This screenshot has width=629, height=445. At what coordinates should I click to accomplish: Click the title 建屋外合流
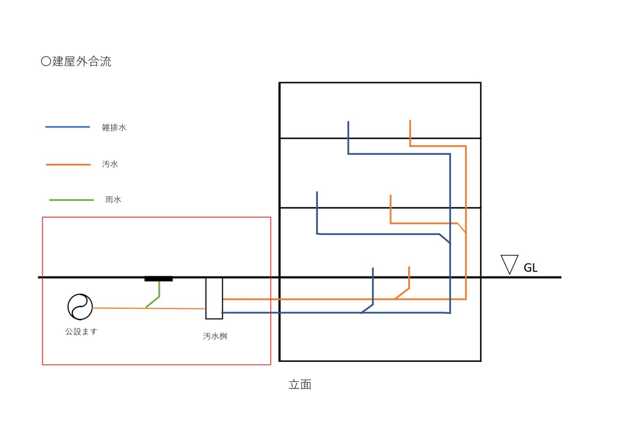coord(82,61)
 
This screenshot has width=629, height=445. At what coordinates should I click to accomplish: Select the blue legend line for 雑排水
coord(68,127)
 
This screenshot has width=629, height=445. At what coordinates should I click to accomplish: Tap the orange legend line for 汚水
coord(68,165)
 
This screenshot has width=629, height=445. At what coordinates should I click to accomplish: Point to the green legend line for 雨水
coord(72,200)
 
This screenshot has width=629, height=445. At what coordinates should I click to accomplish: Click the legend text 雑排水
coord(114,127)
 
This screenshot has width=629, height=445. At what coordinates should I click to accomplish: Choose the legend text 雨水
coord(113,200)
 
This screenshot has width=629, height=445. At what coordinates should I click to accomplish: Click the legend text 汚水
coord(110,164)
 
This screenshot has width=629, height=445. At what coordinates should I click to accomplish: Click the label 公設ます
coord(81,331)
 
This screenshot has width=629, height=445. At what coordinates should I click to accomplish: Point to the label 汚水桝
coord(215,336)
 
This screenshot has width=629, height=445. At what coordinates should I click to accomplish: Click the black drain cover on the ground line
coord(158,279)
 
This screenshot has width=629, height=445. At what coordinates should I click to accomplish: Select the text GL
coord(530,268)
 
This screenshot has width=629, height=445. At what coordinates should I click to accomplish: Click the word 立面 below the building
coord(300,384)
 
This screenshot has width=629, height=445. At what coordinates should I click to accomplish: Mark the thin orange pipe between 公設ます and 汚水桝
coord(149,308)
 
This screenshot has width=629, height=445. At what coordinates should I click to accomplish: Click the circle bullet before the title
coord(46,61)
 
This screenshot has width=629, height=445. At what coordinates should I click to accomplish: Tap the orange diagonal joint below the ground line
coord(402,293)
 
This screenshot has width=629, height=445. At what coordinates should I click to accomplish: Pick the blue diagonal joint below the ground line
coord(367,309)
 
